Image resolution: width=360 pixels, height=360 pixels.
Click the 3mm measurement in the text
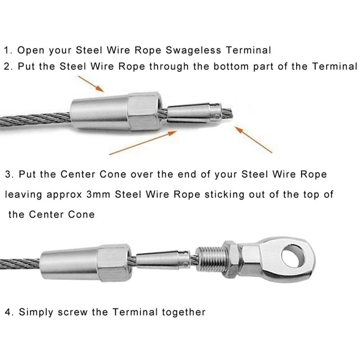pos(99,194)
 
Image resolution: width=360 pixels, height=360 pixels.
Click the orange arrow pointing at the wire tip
pos(254,139)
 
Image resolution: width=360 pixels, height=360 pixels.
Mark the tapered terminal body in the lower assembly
pos(85,259)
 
